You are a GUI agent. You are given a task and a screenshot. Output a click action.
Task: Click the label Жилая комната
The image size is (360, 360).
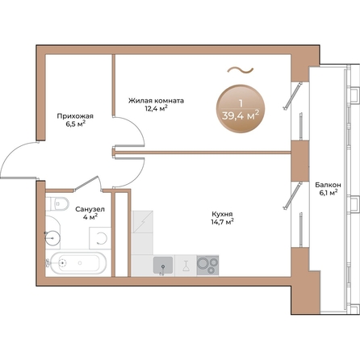(x=156, y=101)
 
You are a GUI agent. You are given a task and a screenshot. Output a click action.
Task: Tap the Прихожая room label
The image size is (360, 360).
(x=75, y=116)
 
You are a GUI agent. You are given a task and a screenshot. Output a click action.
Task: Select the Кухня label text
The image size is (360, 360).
(x=222, y=214)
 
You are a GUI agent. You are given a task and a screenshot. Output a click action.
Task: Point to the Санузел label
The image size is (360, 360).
(x=90, y=209)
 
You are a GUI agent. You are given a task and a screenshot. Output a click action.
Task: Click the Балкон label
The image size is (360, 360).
(x=329, y=185)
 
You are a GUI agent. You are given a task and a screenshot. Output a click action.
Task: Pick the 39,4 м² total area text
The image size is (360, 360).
(x=241, y=115)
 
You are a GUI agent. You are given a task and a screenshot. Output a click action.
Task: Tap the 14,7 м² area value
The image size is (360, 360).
(x=222, y=222)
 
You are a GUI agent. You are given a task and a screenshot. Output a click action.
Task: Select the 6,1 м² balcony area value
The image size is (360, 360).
(x=329, y=193)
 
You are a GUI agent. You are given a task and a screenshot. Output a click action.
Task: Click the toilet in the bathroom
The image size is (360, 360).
(x=57, y=204)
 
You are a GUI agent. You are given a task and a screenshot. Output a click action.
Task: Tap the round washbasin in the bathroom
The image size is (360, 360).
(x=52, y=238)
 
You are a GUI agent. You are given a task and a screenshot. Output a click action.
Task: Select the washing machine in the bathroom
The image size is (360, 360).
(x=100, y=238)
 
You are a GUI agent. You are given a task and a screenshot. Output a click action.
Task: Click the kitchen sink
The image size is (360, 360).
(x=163, y=266)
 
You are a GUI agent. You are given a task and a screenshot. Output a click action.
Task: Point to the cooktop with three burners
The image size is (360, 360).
(x=207, y=266)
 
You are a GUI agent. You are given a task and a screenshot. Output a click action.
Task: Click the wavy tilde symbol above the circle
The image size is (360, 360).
(x=241, y=70)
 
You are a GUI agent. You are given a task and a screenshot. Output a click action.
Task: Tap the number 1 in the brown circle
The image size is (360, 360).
(x=241, y=103)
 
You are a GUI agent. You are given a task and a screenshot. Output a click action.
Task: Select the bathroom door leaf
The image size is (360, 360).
(x=86, y=183)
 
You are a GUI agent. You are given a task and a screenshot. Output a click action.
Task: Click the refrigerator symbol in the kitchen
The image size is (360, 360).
(x=142, y=221)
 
